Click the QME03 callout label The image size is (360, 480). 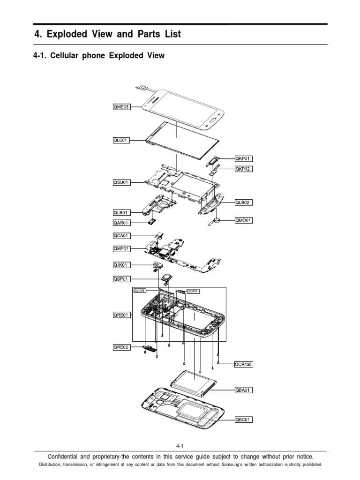(118, 107)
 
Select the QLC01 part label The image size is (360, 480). (118, 140)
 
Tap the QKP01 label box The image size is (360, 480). (243, 159)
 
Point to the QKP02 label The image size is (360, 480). (243, 169)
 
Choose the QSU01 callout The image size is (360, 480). (118, 182)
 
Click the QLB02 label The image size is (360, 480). (243, 202)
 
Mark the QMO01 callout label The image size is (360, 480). (243, 220)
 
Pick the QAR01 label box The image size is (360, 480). (118, 223)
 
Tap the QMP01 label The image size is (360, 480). (118, 248)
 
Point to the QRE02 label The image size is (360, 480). (118, 348)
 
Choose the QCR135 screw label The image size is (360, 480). (243, 363)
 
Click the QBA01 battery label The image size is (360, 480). (243, 389)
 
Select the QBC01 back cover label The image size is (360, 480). (243, 420)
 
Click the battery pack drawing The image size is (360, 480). (193, 381)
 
